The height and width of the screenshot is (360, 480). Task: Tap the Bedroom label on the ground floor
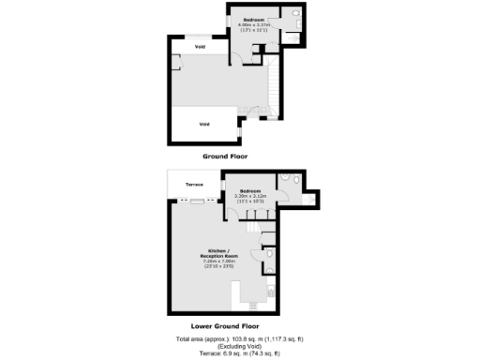click(253, 20)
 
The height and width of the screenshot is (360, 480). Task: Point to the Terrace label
click(194, 185)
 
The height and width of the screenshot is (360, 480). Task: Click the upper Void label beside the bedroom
click(200, 46)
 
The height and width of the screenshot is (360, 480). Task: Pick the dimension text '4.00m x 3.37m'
click(253, 25)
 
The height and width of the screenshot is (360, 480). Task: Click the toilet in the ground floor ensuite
click(294, 13)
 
